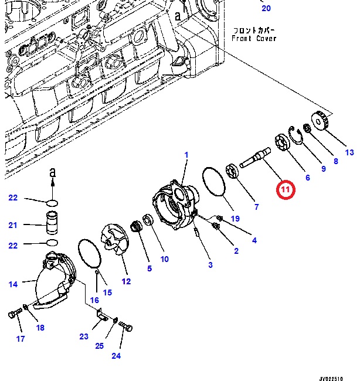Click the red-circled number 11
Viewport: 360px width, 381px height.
(286, 190)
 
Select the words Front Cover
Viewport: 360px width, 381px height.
(253, 39)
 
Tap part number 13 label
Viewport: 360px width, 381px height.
(349, 153)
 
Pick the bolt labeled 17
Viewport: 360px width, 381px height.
(14, 316)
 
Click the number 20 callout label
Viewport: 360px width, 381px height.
(266, 8)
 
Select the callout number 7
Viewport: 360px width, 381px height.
(256, 206)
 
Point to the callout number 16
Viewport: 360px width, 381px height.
(94, 300)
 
